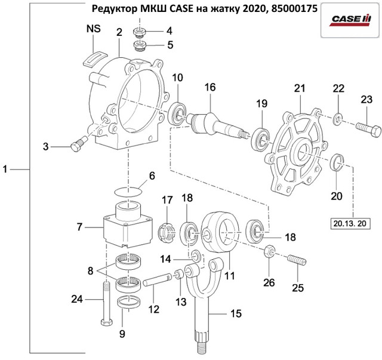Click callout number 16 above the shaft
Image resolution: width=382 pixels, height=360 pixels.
210,87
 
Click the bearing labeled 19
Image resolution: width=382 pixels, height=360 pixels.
260,136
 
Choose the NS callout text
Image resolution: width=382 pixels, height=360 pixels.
94,29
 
